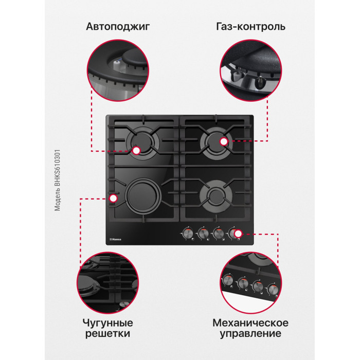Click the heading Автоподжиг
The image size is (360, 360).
tap(118, 27)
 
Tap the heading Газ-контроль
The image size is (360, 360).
tap(251, 26)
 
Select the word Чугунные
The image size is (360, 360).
tap(107, 323)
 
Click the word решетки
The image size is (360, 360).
tap(107, 333)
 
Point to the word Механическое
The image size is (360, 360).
tap(250, 323)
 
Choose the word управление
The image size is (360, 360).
tap(250, 334)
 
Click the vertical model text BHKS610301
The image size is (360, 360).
tap(58, 180)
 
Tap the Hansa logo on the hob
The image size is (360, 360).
tap(116, 239)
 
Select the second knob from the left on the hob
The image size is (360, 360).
tap(204, 234)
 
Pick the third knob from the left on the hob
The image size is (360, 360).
tap(218, 234)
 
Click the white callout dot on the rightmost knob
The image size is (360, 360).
tap(238, 233)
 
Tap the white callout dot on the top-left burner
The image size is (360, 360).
tap(136, 151)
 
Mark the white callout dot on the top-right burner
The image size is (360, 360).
tap(224, 141)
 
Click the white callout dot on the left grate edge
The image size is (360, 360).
tap(113, 198)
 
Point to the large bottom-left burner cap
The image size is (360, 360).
tap(143, 196)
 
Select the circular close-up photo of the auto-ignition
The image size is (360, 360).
tap(118, 70)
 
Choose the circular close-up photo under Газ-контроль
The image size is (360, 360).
tap(251, 70)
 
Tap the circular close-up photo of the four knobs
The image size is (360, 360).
tap(251, 283)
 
